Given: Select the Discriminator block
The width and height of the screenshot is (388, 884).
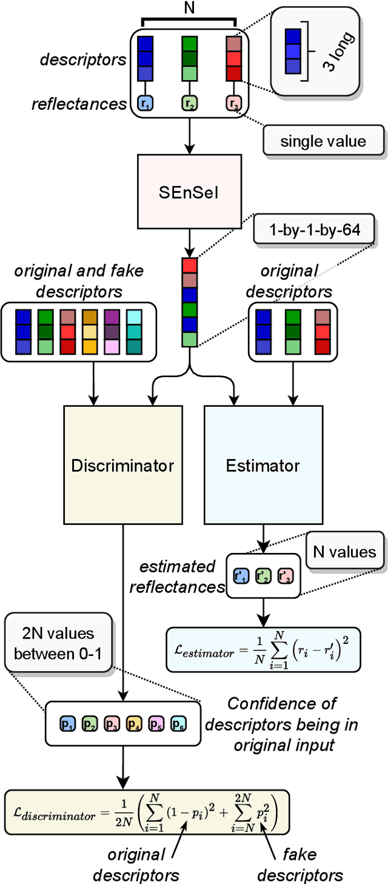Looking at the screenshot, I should (x=122, y=465).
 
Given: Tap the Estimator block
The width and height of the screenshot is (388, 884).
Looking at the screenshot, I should (x=263, y=465).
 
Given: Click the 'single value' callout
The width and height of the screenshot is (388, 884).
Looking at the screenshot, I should (x=323, y=141).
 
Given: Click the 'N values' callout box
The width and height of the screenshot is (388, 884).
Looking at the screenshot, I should (x=345, y=551).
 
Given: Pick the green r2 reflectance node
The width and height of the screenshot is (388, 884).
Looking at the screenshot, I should (x=190, y=104).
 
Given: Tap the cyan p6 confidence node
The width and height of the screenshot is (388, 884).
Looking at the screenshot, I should (x=178, y=723).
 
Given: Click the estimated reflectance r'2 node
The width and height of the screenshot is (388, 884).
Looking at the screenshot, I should (x=262, y=576).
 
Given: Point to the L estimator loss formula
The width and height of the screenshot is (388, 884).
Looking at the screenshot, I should (x=263, y=649).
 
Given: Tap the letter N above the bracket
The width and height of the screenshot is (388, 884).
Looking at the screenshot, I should (x=190, y=8).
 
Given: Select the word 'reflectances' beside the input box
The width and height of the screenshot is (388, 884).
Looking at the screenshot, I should (x=79, y=104).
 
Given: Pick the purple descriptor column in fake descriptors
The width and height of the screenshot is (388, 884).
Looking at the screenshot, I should (x=111, y=331).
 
